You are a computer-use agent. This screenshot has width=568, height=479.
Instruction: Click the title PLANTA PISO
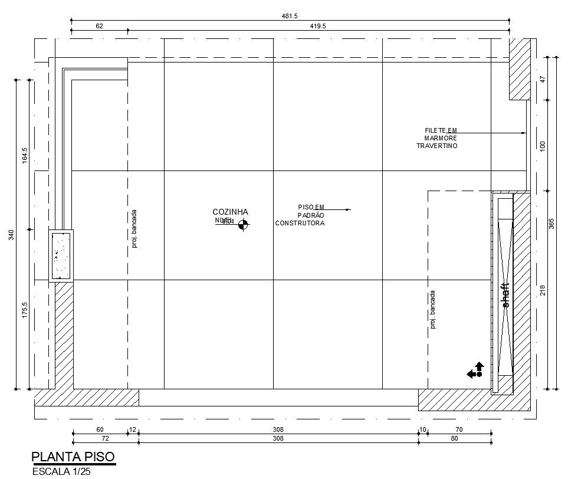point(73,457)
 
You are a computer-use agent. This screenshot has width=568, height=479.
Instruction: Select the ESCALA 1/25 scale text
point(61,471)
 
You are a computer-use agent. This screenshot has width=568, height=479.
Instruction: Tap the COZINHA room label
point(230,212)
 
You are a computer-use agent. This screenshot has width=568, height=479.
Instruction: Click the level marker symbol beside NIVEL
point(244,224)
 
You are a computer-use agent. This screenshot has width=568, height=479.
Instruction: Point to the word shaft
point(505,296)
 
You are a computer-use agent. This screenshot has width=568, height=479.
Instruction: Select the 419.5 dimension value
point(318,26)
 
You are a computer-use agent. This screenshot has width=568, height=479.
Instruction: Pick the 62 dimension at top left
point(99,26)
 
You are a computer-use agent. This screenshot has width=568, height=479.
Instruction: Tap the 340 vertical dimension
point(11,235)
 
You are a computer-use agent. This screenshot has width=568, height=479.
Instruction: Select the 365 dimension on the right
point(551,225)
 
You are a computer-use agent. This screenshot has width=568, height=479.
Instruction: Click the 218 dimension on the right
point(543,290)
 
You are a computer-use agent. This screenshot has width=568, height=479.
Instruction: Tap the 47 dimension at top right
point(543,78)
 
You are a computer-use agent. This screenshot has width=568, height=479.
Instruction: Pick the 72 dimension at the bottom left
point(105,439)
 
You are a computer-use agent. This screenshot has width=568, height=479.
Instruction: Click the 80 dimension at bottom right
point(455,439)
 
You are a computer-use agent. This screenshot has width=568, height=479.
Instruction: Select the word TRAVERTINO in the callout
point(437,146)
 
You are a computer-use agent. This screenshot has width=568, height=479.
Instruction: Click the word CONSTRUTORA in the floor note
point(300,223)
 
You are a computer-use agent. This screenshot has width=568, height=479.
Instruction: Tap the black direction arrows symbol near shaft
point(475,370)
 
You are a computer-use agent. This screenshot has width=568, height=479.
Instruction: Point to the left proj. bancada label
point(134,229)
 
